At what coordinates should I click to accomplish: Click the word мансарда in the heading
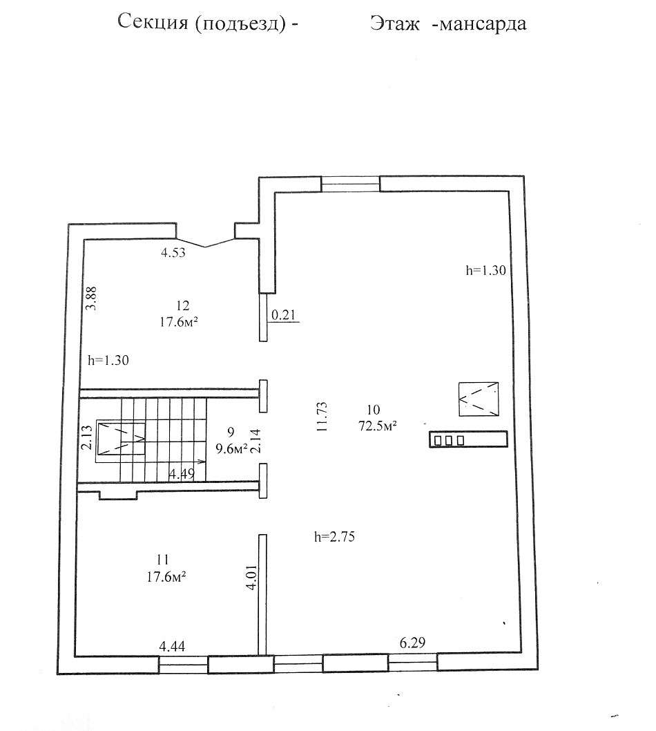pos(483,23)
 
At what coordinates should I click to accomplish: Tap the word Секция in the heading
pos(153,22)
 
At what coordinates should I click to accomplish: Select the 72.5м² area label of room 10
pos(378,426)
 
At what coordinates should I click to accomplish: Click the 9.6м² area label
pos(231,448)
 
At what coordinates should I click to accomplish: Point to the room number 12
pos(182,306)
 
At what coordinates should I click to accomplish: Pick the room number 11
pos(162,560)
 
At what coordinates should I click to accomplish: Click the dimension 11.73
pos(322,417)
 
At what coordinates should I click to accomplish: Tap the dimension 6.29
pos(412,643)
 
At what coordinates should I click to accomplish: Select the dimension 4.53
pos(173,253)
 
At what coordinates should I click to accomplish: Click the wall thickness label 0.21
pos(283,314)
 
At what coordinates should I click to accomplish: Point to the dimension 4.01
pos(251,578)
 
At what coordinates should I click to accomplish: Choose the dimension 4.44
pos(172,646)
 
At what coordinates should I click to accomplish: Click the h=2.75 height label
pos(334,537)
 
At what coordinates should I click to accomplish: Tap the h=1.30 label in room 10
pos(486,270)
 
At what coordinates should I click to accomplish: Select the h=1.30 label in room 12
pos(108,361)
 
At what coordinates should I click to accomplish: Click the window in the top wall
pos(350,184)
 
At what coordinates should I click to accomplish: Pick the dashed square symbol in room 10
pos(479,399)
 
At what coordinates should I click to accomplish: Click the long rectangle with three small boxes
pos(468,439)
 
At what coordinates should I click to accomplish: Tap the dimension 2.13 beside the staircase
pos(86,437)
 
